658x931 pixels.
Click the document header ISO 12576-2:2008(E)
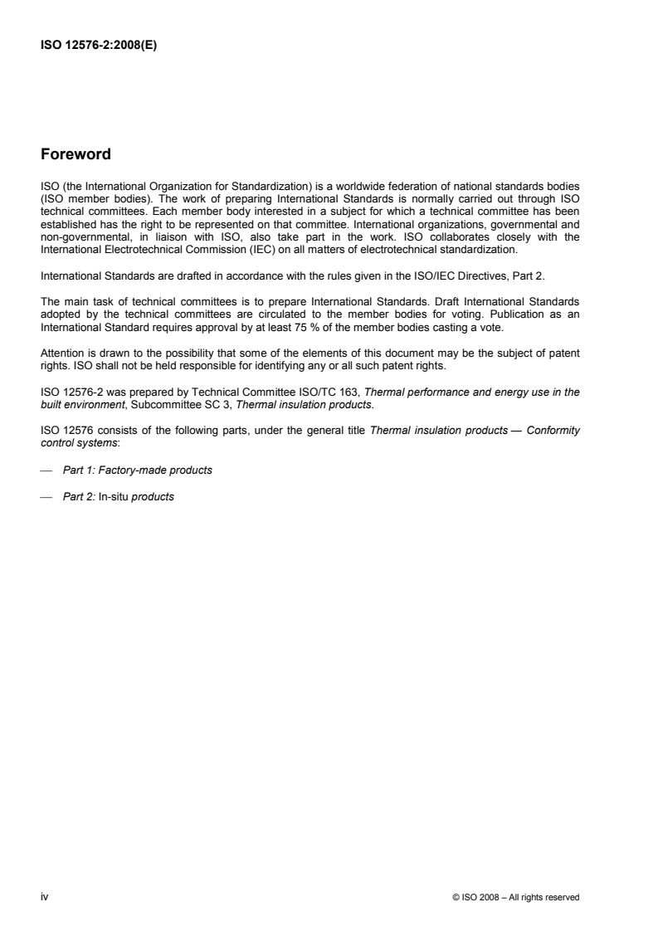pyautogui.click(x=99, y=46)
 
